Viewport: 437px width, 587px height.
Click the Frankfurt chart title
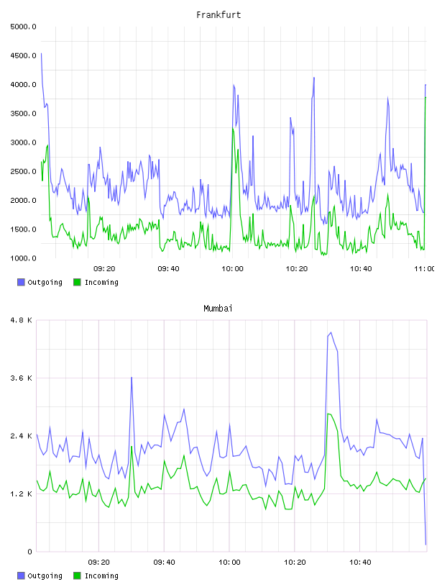pyautogui.click(x=218, y=15)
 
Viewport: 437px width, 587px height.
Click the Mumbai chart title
pyautogui.click(x=218, y=309)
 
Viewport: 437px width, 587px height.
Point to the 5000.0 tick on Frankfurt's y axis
pyautogui.click(x=23, y=27)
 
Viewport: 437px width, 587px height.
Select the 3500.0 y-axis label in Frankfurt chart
pyautogui.click(x=23, y=114)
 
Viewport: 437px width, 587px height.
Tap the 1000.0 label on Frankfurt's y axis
pyautogui.click(x=23, y=258)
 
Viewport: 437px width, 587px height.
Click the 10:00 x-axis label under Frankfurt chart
pyautogui.click(x=232, y=269)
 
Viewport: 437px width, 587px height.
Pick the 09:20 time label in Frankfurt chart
pyautogui.click(x=104, y=269)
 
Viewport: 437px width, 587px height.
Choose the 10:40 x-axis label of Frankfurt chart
pyautogui.click(x=361, y=269)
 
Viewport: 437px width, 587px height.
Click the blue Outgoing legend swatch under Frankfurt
pyautogui.click(x=21, y=282)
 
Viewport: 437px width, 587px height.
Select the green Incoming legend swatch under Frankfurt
pyautogui.click(x=77, y=282)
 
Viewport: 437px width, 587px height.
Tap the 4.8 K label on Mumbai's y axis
pyautogui.click(x=22, y=320)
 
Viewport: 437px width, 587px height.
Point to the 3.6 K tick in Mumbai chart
pyautogui.click(x=22, y=378)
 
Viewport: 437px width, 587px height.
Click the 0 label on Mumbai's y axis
pyautogui.click(x=30, y=552)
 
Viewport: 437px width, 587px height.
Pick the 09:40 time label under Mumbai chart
pyautogui.click(x=165, y=563)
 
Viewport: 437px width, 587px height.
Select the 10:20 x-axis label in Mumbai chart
pyautogui.click(x=295, y=563)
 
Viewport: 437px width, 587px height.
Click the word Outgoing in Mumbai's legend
pyautogui.click(x=45, y=575)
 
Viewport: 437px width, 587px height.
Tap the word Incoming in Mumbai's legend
pyautogui.click(x=101, y=575)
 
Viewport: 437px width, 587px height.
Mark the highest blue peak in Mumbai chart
pyautogui.click(x=331, y=332)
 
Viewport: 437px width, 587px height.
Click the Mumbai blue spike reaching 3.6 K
pyautogui.click(x=132, y=378)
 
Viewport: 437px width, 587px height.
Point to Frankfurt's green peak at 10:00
pyautogui.click(x=233, y=129)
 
